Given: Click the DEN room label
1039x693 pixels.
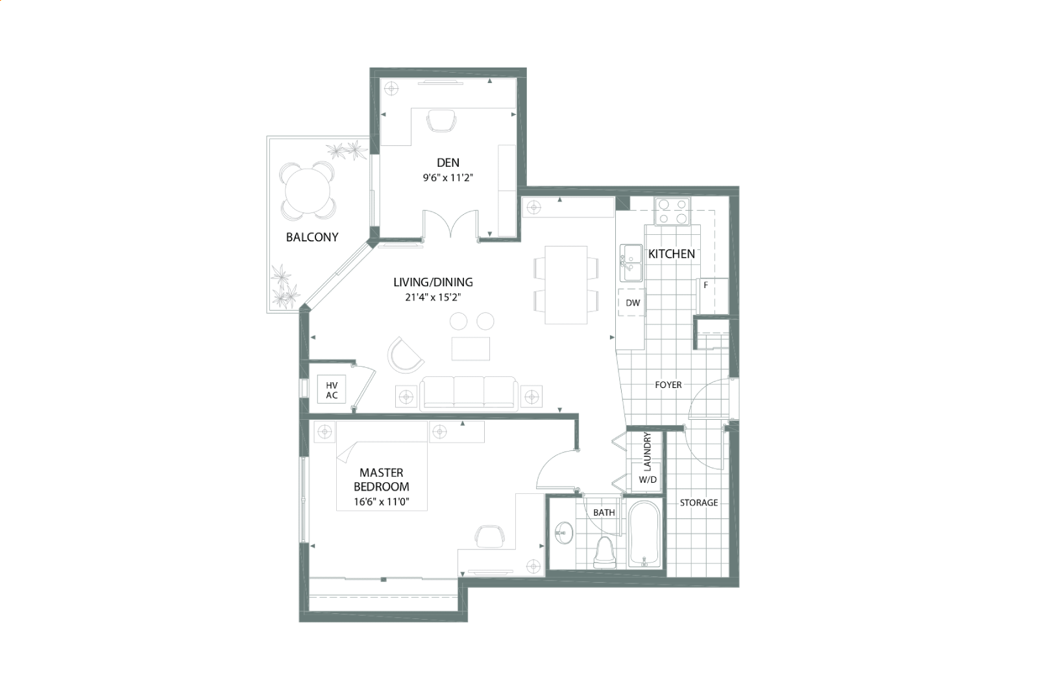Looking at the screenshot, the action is [448, 163].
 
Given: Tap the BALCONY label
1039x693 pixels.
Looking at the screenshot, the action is [312, 237].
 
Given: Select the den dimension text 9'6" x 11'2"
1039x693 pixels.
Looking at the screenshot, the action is [448, 178].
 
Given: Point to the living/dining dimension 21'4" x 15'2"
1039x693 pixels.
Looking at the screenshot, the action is [433, 297].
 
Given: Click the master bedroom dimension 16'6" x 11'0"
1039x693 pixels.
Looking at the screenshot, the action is [382, 502].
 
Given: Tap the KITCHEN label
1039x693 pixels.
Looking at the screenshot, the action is [671, 254].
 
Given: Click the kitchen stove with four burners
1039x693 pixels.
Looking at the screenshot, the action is [672, 212].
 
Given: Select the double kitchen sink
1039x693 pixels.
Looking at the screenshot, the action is [631, 263].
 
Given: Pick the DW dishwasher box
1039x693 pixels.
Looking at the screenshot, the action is [631, 302].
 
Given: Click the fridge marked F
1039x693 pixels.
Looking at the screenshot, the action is [713, 296].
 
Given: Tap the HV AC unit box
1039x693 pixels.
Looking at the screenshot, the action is [332, 389].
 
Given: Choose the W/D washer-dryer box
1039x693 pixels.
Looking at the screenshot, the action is [648, 478].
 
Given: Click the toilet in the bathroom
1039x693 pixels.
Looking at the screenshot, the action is [604, 552].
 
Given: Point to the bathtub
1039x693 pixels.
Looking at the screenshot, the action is [644, 534].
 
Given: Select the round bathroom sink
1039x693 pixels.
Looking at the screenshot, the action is [563, 533].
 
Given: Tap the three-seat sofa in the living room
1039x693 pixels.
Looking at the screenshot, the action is [469, 393].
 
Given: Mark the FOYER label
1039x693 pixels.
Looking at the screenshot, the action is [668, 385].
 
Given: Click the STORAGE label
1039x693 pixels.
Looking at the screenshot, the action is [698, 503].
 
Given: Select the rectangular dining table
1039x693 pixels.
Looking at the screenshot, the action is [566, 285].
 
